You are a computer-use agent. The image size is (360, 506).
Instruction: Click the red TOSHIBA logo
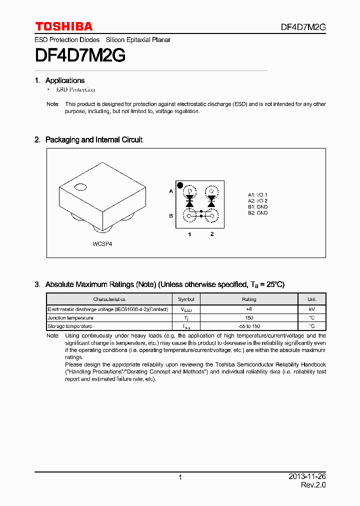tap(63, 26)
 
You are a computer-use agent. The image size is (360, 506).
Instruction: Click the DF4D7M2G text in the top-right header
tap(302, 27)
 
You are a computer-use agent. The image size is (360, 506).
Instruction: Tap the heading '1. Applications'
tap(59, 80)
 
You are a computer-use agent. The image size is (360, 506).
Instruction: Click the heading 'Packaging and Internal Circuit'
tap(93, 140)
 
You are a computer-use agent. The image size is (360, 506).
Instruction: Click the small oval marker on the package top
tap(80, 188)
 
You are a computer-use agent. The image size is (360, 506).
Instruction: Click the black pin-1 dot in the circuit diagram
tap(180, 184)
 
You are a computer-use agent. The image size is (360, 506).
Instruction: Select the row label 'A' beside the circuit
tap(171, 191)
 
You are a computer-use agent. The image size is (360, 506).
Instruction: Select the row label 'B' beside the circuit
tap(171, 215)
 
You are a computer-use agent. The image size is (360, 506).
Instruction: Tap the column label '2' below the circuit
tap(211, 234)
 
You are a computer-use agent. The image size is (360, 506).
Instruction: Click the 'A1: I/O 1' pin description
tap(257, 194)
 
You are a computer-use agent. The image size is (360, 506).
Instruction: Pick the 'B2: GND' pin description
tap(257, 213)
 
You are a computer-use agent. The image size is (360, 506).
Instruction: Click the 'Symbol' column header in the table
tap(186, 299)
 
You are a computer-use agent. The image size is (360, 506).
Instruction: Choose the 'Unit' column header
tap(311, 299)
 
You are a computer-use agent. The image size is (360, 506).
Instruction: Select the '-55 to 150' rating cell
tap(248, 326)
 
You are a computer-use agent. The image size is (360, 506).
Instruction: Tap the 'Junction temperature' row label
tap(70, 318)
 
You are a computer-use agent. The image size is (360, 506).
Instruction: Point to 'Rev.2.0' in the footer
tap(313, 485)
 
